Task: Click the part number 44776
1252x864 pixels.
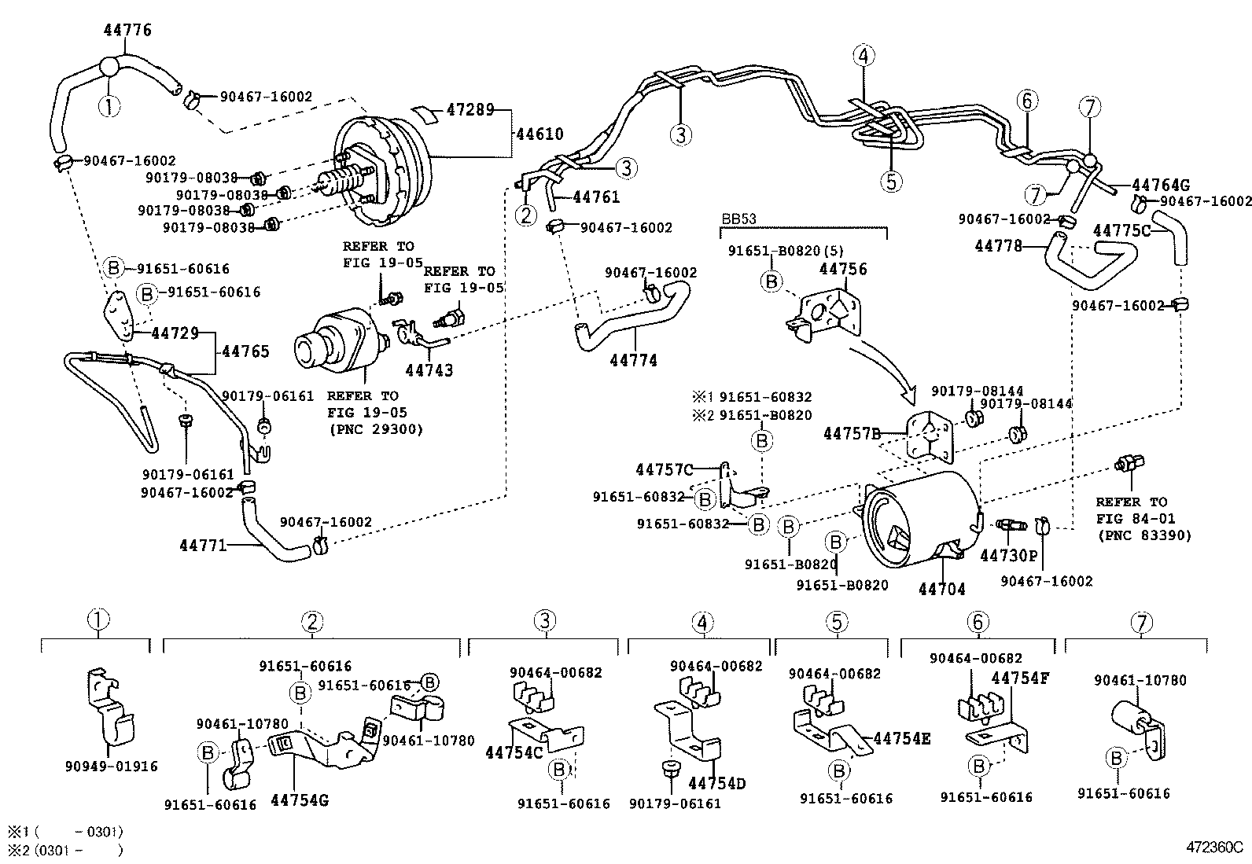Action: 127,31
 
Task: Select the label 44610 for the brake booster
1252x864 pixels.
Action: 539,134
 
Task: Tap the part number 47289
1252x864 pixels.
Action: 470,109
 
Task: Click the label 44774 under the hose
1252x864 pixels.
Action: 633,361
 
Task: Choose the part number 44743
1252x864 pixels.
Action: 429,369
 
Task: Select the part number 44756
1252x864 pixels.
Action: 843,269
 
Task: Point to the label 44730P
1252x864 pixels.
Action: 1009,556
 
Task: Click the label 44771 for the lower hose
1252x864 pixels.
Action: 203,544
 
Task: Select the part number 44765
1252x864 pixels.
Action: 245,351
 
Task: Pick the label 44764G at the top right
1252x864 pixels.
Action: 1160,186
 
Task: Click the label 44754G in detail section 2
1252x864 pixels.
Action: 299,800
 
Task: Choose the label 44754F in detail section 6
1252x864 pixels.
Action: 1020,678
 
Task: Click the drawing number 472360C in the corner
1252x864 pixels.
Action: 1214,848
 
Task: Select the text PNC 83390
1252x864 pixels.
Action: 1144,535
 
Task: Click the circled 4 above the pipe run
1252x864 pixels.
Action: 863,56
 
